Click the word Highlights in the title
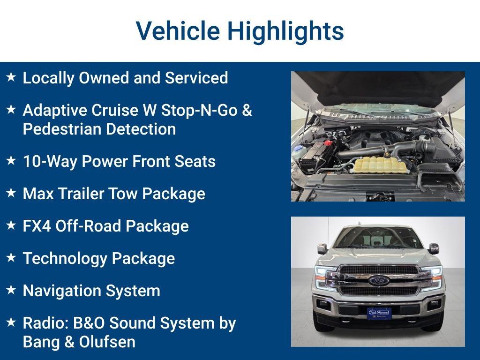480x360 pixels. pos(285,31)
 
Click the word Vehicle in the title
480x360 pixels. pos(178,31)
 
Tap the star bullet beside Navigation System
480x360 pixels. pos(11,290)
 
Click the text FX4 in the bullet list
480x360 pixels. pos(37,226)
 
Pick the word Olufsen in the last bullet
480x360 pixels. pos(107,342)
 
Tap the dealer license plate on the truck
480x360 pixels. pos(379,313)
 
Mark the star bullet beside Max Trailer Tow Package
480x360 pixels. pos(11,193)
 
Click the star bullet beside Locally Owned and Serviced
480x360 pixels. pos(11,77)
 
